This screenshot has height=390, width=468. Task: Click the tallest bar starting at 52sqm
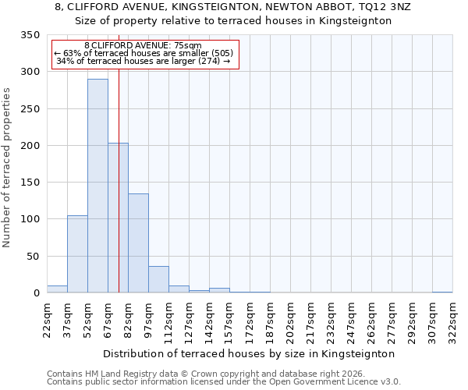[x=97, y=186]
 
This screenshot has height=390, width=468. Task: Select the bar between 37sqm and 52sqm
[x=77, y=254]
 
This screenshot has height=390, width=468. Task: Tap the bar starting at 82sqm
[x=138, y=243]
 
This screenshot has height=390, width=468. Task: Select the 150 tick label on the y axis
[x=30, y=183]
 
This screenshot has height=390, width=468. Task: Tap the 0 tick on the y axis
[x=35, y=293]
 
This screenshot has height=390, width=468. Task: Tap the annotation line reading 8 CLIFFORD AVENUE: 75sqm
[x=143, y=46]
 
